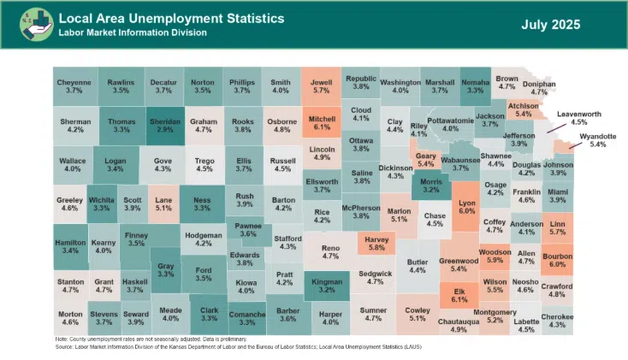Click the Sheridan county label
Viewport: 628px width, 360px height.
[164, 126]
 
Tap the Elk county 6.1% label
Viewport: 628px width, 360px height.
[459, 295]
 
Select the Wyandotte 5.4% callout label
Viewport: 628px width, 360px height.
[598, 140]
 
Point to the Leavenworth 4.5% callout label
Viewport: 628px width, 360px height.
[578, 117]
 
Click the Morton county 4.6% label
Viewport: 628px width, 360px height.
[70, 319]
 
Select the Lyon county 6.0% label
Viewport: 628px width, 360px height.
[466, 206]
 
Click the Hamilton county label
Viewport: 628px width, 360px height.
[71, 246]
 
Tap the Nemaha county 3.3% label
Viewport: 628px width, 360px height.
[475, 86]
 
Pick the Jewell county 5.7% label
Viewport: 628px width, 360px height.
[322, 86]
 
